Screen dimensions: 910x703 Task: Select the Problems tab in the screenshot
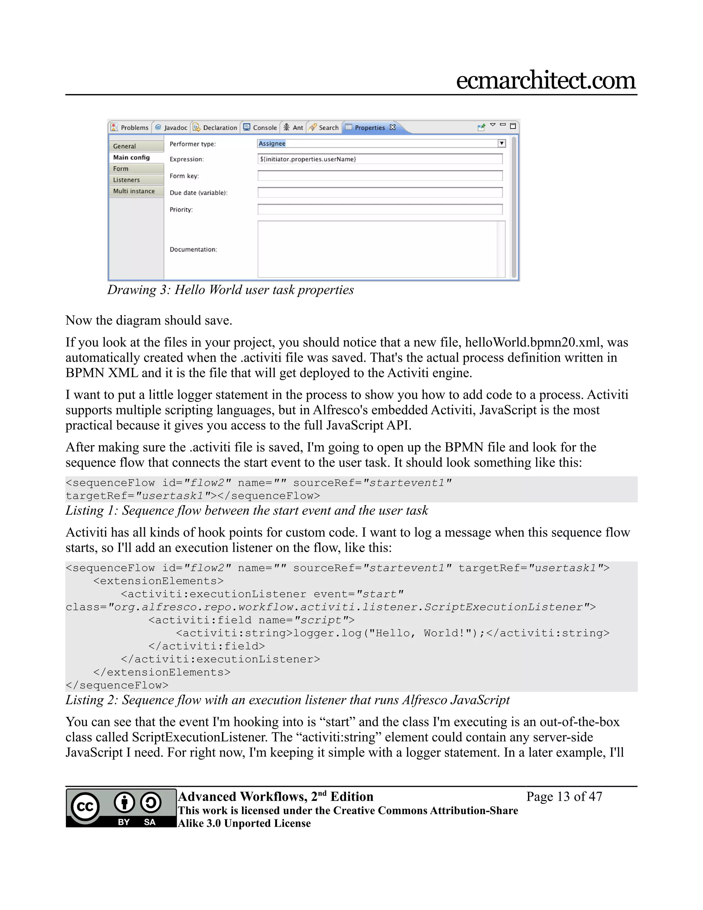click(x=130, y=127)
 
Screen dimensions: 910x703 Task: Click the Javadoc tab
click(x=171, y=127)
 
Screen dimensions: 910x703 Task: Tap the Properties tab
click(x=369, y=127)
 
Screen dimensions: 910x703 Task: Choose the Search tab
click(x=324, y=127)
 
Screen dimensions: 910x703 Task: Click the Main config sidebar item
click(x=131, y=158)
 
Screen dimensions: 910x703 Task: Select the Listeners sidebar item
click(x=127, y=180)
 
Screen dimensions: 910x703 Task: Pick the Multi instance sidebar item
click(x=134, y=191)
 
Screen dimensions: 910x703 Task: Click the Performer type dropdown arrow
click(x=502, y=143)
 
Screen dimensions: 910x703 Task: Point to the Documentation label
click(x=193, y=250)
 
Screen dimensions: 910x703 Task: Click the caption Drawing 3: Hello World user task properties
click(x=230, y=290)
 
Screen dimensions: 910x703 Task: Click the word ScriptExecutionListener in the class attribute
click(x=503, y=607)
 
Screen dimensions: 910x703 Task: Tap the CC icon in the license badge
click(x=85, y=807)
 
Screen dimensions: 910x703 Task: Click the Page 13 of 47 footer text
click(x=564, y=797)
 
